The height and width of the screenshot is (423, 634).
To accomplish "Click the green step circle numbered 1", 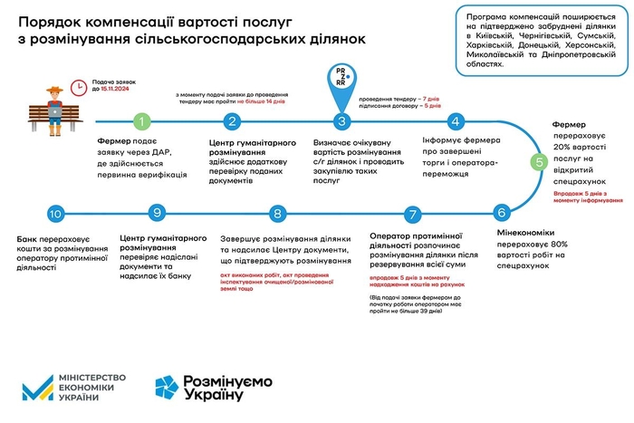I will tap(139, 120).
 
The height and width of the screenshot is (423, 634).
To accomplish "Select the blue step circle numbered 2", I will tap(233, 120).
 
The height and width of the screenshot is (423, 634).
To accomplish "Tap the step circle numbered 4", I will tap(456, 120).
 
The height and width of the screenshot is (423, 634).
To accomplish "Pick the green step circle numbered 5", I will tap(539, 163).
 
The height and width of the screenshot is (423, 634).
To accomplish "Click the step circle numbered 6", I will tap(501, 214).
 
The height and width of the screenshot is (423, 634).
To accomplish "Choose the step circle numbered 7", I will tap(413, 214).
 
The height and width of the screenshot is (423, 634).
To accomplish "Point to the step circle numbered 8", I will tap(277, 214).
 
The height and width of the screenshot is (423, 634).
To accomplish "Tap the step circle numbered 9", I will tap(158, 214).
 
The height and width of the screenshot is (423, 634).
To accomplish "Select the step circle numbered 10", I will tap(56, 214).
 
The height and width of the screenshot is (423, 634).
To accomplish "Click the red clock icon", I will tap(80, 84).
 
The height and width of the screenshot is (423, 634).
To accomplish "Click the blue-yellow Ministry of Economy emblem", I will tap(36, 386).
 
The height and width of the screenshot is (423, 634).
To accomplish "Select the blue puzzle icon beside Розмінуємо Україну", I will tap(168, 387).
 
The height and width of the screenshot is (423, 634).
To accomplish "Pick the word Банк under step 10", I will tap(30, 238).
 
